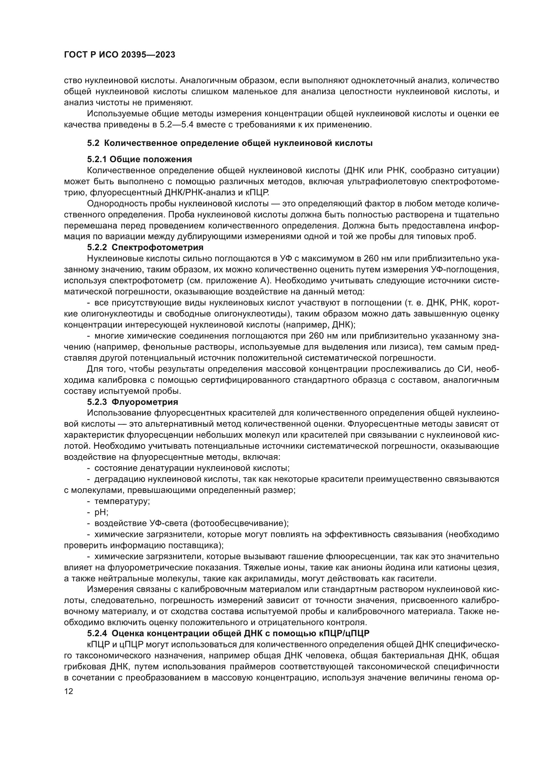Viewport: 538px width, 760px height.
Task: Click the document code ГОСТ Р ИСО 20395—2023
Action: pyautogui.click(x=119, y=55)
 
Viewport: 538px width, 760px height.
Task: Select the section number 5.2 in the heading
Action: pyautogui.click(x=93, y=143)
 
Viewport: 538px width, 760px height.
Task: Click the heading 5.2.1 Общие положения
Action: pyautogui.click(x=140, y=159)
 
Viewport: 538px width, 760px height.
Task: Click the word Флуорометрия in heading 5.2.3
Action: pyautogui.click(x=145, y=402)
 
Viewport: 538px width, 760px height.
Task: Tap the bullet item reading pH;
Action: pyautogui.click(x=101, y=512)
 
